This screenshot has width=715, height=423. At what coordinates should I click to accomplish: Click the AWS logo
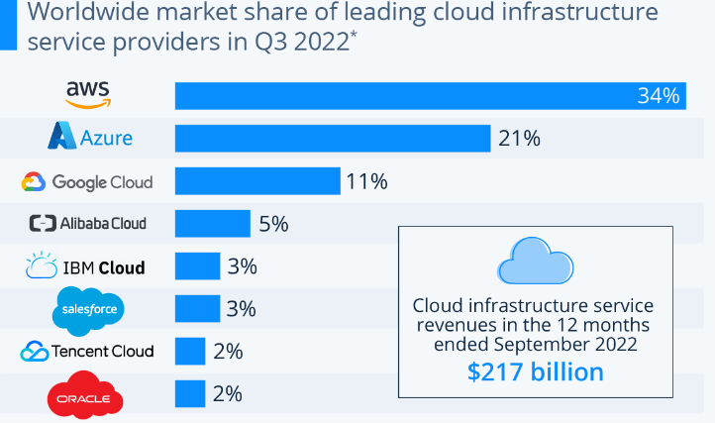(x=88, y=95)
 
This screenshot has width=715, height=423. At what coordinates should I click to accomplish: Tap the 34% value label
(x=659, y=96)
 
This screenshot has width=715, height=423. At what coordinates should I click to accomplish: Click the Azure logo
(x=90, y=138)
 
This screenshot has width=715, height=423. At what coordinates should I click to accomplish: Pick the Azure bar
(x=333, y=138)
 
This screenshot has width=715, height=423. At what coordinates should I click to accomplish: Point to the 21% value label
(x=519, y=138)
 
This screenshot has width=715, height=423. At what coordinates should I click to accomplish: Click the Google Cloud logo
(x=87, y=181)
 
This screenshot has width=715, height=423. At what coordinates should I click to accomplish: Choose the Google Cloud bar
(x=257, y=181)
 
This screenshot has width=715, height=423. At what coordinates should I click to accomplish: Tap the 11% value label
(x=365, y=181)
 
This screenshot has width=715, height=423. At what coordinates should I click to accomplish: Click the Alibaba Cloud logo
(x=87, y=224)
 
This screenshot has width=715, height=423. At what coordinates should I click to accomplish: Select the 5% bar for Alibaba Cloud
(x=212, y=224)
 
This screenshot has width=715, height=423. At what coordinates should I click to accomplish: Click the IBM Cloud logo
(x=86, y=266)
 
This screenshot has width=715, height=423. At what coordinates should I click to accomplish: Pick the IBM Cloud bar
(x=197, y=266)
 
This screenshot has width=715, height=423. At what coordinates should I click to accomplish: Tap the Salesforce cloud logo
(x=87, y=309)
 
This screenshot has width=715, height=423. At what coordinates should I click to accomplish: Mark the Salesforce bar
(x=197, y=309)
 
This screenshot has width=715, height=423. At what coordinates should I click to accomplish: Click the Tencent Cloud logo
(x=87, y=352)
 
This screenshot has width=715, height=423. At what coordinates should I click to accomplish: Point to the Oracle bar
(x=190, y=394)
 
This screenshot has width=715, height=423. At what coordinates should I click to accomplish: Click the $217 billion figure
(x=535, y=371)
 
